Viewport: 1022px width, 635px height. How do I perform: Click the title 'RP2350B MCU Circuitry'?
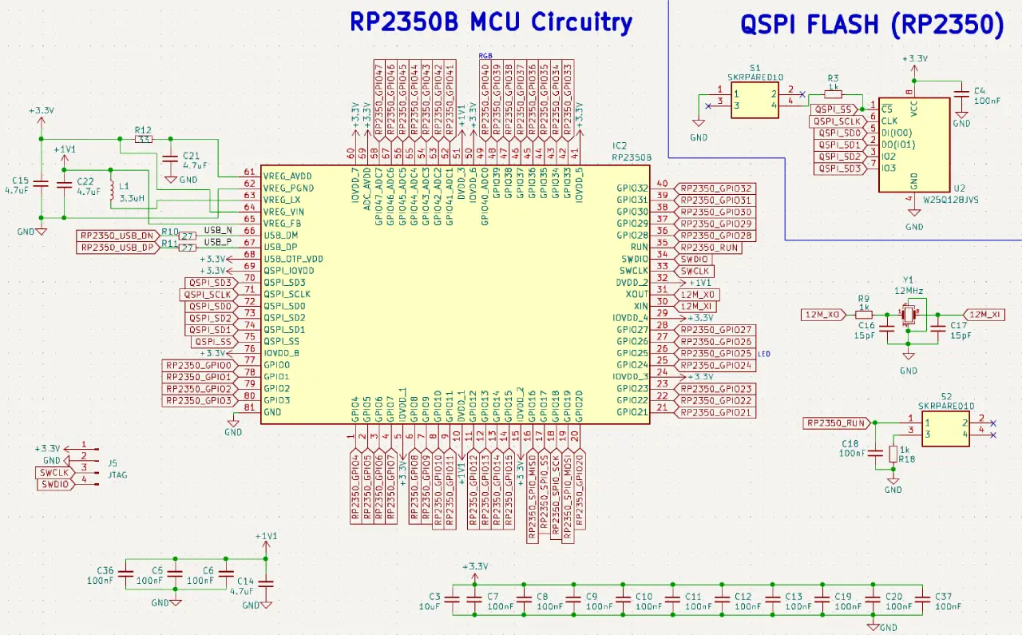coord(490,22)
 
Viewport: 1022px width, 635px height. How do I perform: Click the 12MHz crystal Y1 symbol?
coord(909,316)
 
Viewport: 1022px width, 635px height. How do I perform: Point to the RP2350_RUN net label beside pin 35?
coord(708,248)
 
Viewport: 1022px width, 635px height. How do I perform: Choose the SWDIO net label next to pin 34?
coord(693,260)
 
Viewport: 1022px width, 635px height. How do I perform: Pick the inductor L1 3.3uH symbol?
coord(111,192)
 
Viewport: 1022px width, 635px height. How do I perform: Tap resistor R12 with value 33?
coord(144,139)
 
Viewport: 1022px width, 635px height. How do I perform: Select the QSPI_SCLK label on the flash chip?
coord(836,121)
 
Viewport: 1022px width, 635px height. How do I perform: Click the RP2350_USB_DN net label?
coord(117,236)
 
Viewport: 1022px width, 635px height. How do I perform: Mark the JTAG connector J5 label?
coord(118,474)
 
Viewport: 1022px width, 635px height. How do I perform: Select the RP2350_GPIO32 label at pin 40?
coord(715,189)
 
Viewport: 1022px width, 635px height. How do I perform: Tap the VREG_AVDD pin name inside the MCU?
coord(287,175)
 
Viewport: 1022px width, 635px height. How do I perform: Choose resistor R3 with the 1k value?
coord(833,93)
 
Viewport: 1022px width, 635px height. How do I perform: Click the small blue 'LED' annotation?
coord(764,353)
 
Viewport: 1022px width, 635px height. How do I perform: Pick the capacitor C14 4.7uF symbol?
coord(267,585)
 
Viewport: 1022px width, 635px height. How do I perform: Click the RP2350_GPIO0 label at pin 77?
coord(198,365)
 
